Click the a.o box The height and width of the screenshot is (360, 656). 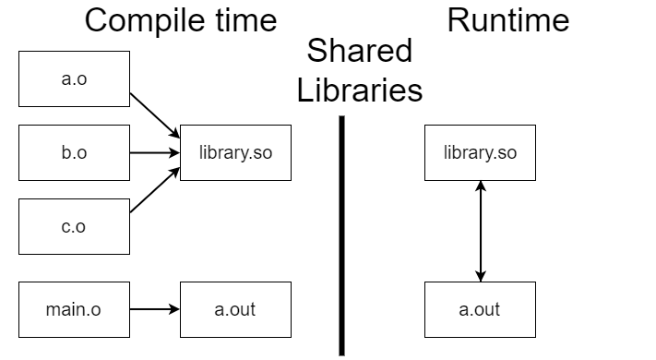[74, 78]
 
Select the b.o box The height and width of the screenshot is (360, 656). [74, 152]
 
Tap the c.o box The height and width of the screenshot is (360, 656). [74, 226]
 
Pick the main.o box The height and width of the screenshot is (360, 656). [74, 309]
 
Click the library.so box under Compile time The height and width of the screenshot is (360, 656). [235, 152]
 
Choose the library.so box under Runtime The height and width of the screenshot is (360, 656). [480, 152]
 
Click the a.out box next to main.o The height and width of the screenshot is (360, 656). [235, 309]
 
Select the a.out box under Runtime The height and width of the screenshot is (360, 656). [480, 309]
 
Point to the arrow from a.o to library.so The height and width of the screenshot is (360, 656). [153, 115]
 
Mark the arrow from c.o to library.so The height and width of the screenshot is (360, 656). [153, 189]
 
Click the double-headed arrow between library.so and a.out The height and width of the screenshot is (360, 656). [480, 231]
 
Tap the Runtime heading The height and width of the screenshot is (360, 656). [507, 20]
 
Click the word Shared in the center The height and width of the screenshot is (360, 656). [361, 51]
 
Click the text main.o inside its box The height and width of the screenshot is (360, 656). [74, 309]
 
